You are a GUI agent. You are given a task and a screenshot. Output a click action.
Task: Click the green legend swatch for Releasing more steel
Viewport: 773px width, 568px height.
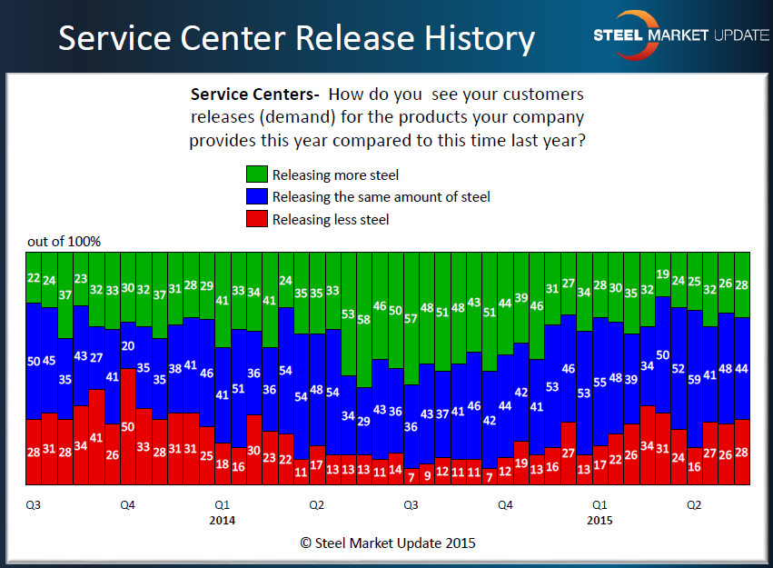tap(255, 174)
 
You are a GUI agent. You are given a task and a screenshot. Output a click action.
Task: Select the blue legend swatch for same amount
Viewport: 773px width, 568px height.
tap(255, 196)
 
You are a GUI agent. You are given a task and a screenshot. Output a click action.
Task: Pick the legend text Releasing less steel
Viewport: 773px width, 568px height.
tap(331, 219)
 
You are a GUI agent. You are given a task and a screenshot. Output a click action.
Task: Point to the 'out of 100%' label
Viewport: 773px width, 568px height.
tap(64, 241)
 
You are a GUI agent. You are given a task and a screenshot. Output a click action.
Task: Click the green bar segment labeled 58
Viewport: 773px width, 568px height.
tap(363, 320)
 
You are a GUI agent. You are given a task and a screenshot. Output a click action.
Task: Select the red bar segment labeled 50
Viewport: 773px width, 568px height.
tap(128, 425)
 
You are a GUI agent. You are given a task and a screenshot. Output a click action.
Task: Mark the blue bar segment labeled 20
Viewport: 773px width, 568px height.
tap(128, 346)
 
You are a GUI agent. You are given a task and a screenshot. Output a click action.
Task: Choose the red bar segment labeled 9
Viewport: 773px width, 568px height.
tap(427, 473)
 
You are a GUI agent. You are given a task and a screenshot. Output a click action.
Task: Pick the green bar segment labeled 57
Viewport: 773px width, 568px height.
tap(411, 318)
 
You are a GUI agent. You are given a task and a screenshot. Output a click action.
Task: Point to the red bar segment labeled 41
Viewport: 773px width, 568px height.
tap(96, 436)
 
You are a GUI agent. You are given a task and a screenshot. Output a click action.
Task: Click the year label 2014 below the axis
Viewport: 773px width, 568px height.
tap(222, 521)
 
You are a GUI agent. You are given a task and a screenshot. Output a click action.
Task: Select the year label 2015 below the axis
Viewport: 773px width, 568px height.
tap(600, 521)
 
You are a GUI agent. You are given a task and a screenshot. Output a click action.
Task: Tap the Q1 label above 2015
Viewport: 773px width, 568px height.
tap(600, 503)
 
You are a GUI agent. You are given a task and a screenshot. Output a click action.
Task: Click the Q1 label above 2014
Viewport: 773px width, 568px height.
tap(222, 503)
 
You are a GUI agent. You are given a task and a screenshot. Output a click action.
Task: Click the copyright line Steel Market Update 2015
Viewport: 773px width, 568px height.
tap(388, 543)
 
